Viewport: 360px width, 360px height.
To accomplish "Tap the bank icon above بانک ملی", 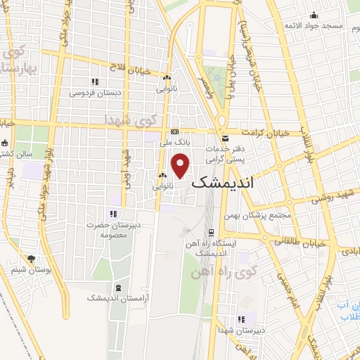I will click(x=175, y=131).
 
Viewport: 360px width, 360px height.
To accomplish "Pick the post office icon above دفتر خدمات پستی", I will click(x=225, y=139).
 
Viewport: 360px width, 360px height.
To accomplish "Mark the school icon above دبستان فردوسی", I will click(x=95, y=82).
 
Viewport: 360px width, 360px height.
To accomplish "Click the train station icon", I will click(x=211, y=233).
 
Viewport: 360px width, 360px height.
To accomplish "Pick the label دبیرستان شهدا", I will click(x=241, y=328).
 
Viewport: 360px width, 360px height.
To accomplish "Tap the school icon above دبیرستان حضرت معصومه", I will click(x=112, y=214).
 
